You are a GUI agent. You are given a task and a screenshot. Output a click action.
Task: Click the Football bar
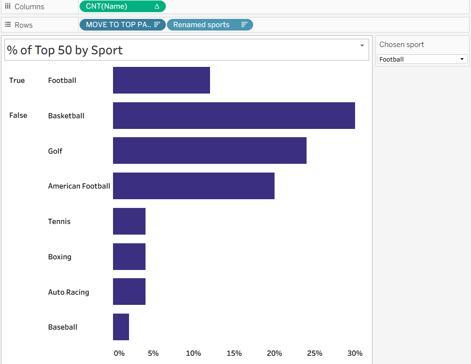coord(161,80)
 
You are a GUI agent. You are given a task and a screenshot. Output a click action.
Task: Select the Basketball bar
coord(234,115)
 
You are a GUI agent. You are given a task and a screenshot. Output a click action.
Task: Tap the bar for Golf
coord(210,150)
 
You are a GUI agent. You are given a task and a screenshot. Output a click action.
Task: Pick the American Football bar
coord(194,186)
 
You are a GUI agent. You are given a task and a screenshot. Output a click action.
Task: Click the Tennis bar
coord(129,221)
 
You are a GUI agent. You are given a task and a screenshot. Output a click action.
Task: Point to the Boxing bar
coord(129,256)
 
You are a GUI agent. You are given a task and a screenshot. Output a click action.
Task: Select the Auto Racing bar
coord(129,291)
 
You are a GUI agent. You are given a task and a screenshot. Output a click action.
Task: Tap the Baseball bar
coord(121,327)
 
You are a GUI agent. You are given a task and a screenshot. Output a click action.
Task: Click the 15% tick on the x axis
coord(234,353)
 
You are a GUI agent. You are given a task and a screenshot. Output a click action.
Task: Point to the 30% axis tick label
coord(355,353)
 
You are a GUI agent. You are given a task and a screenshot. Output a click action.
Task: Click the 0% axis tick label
coord(119,353)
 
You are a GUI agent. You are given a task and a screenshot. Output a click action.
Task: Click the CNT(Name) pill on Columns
coord(122,6)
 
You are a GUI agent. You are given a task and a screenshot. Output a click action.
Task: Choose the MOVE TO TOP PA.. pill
coord(122,25)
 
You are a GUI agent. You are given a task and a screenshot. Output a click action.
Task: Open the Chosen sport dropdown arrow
coord(462,59)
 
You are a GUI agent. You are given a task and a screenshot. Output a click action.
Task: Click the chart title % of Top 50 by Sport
coord(65,50)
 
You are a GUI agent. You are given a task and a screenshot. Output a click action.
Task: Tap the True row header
coord(17,80)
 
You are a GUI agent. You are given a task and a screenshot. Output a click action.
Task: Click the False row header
coord(18,115)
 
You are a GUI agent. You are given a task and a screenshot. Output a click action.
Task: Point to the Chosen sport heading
coord(402,45)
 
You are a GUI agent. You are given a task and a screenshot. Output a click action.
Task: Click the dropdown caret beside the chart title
coord(362,46)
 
